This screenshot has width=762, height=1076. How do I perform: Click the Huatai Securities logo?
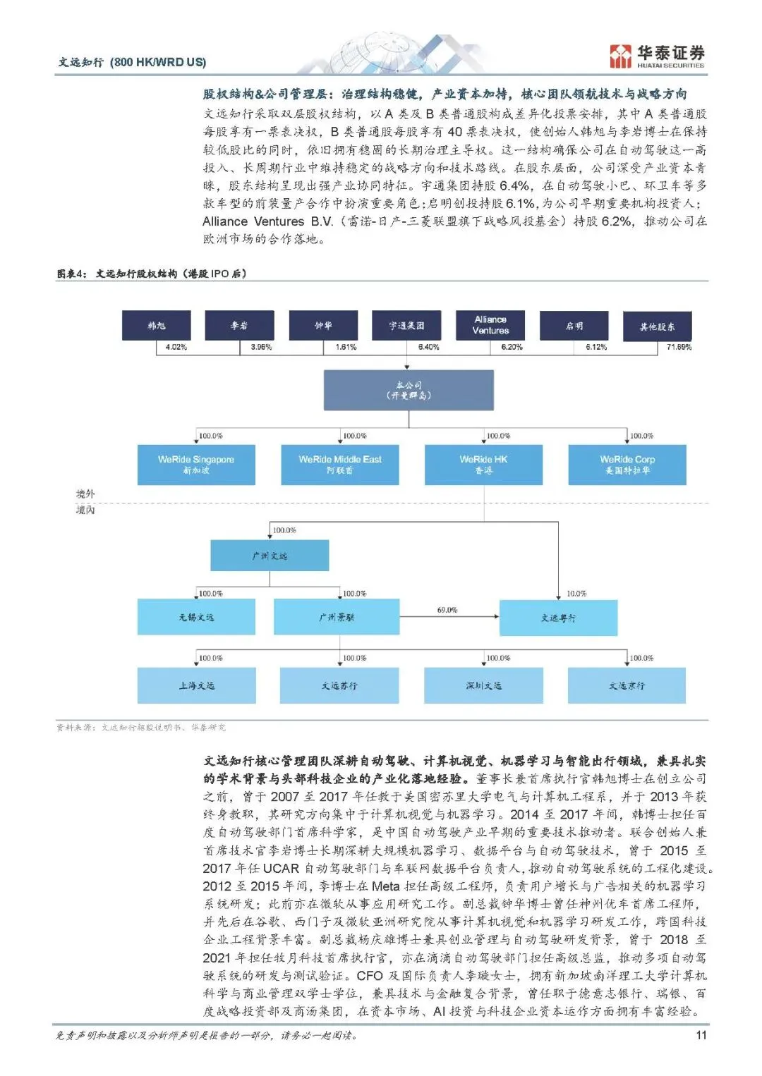tap(657, 56)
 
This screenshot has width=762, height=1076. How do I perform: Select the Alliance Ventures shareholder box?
tap(490, 325)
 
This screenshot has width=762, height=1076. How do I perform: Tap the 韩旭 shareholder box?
tap(157, 326)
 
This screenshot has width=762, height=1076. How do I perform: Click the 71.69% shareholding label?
tap(679, 347)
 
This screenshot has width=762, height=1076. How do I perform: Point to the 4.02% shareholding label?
tap(176, 347)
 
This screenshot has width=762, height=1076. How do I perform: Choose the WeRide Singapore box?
tap(196, 465)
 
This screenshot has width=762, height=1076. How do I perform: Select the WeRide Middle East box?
tap(340, 465)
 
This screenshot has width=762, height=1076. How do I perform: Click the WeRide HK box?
tap(483, 465)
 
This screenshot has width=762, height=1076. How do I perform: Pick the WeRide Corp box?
tap(627, 465)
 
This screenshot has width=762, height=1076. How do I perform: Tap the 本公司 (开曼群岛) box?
tap(409, 391)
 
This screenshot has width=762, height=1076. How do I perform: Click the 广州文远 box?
tap(270, 556)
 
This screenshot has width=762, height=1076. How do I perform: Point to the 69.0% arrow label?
tap(447, 610)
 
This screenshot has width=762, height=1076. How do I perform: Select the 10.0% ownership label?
tap(576, 594)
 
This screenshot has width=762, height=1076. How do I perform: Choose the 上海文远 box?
tap(196, 685)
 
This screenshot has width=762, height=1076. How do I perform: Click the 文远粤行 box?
tap(558, 618)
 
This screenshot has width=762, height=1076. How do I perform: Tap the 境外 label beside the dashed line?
tap(85, 494)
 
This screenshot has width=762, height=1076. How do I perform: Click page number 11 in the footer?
tap(701, 1035)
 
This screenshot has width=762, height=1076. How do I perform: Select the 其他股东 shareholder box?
tap(657, 326)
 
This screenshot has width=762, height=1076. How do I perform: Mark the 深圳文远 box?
tap(483, 685)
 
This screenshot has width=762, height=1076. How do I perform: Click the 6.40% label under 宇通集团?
tap(428, 347)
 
